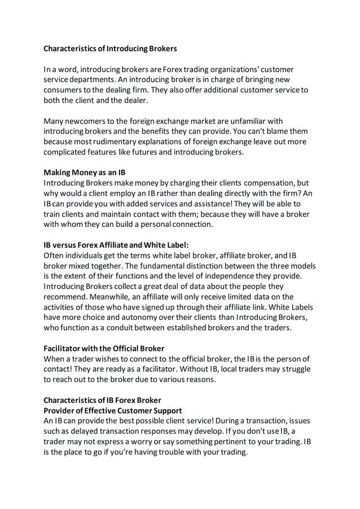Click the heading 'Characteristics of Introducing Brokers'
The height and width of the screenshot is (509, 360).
(x=110, y=49)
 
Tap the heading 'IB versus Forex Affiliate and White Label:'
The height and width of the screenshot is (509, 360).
(x=116, y=245)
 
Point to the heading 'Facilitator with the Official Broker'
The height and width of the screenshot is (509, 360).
(x=104, y=348)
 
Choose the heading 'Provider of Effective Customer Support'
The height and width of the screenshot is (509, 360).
(x=113, y=410)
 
